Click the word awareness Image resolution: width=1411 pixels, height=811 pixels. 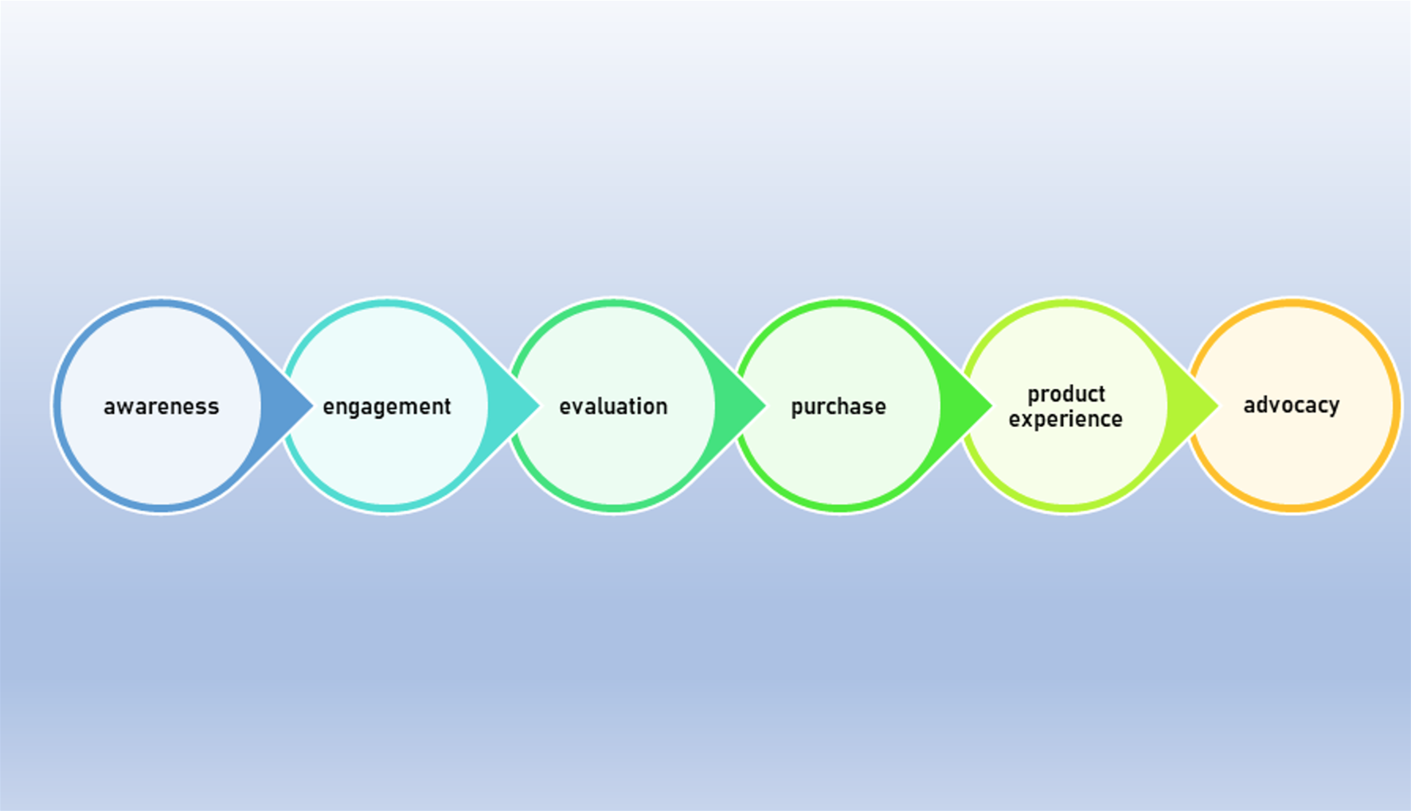click(x=161, y=406)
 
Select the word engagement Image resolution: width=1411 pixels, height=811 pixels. click(x=387, y=407)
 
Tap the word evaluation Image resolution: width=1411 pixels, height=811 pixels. click(x=613, y=406)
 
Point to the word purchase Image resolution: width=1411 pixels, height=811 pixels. click(x=838, y=407)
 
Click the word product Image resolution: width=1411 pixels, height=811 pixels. click(x=1066, y=395)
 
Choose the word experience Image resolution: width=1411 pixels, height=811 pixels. click(x=1065, y=420)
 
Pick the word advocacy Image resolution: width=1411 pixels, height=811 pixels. click(x=1292, y=405)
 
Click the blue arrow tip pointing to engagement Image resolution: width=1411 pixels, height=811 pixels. click(x=312, y=405)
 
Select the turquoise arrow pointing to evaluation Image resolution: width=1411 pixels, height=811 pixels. click(x=510, y=405)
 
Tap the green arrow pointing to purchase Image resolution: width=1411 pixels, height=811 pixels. click(x=737, y=405)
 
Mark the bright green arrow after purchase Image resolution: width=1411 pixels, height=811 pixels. click(x=963, y=405)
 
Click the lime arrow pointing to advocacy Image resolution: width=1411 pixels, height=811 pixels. click(x=1190, y=405)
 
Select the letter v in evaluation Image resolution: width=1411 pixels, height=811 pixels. click(x=579, y=407)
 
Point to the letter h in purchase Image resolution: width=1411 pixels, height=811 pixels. click(x=846, y=406)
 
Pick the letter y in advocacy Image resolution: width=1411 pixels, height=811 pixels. click(x=1333, y=409)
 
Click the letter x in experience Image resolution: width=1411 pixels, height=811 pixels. click(x=1028, y=421)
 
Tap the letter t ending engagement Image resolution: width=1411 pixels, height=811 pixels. click(x=447, y=406)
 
